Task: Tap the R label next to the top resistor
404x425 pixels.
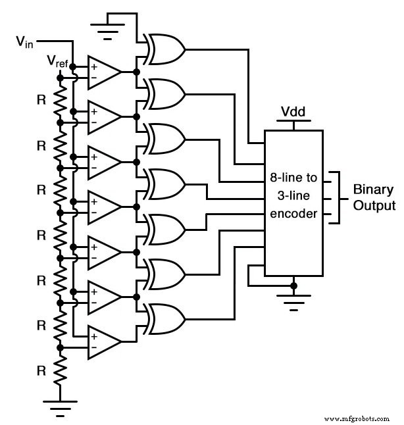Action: click(41, 101)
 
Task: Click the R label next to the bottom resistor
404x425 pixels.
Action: click(41, 370)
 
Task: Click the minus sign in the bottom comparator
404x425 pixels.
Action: click(94, 347)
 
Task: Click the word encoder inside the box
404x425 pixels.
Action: click(293, 214)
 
